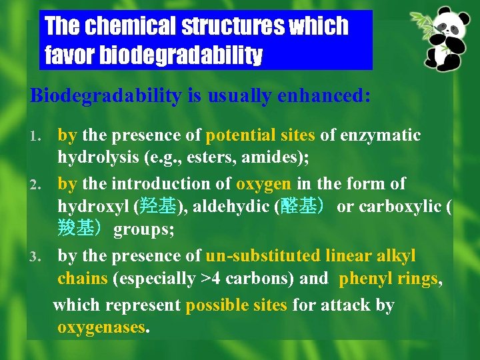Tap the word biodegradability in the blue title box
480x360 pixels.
[x=181, y=56]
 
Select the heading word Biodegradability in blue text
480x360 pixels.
[x=105, y=95]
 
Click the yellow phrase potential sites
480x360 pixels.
[x=261, y=135]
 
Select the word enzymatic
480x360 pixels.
[x=381, y=135]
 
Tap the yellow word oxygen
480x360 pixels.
[x=263, y=183]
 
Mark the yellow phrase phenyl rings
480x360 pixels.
[x=389, y=279]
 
